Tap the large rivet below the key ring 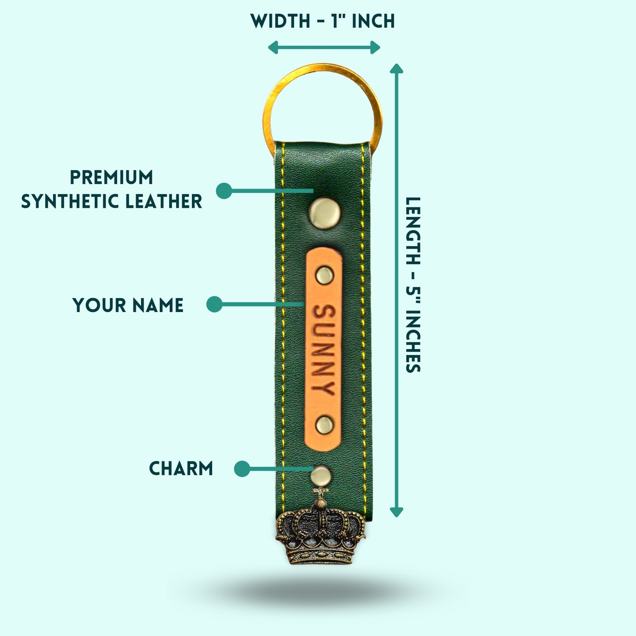(x=324, y=213)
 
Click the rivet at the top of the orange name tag (x=324, y=275)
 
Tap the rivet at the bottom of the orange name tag (x=324, y=425)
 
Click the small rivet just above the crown (x=320, y=476)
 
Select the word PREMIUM (x=111, y=177)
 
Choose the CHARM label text (x=181, y=468)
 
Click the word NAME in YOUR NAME (x=157, y=305)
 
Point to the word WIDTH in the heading (x=280, y=22)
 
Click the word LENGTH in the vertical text (x=413, y=231)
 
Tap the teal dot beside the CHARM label (x=242, y=469)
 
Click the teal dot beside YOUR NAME (x=214, y=304)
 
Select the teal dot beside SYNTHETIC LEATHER (x=224, y=191)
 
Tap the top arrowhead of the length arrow (x=397, y=69)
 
